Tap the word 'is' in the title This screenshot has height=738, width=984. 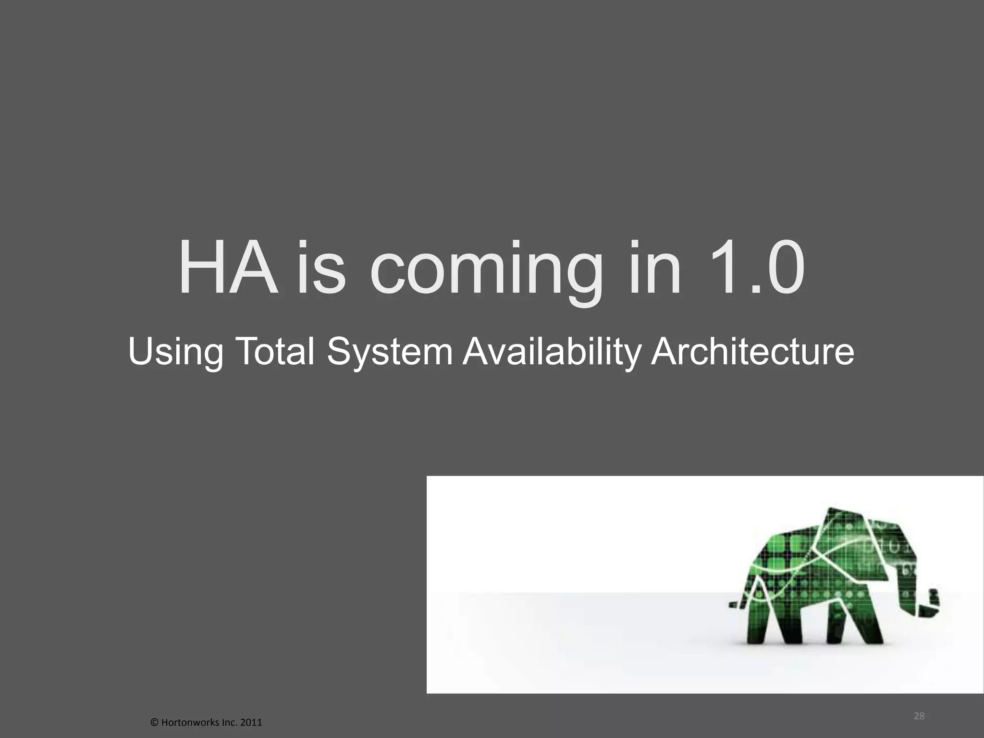click(320, 270)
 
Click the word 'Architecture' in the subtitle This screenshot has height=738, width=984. click(752, 351)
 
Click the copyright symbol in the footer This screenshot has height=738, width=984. click(154, 722)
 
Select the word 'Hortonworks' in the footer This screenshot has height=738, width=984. click(185, 722)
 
